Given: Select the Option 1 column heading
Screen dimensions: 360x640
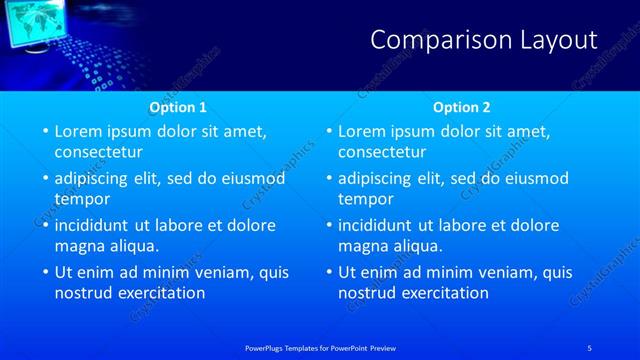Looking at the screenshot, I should tap(178, 107).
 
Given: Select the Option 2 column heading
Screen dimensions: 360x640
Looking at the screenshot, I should tap(462, 107).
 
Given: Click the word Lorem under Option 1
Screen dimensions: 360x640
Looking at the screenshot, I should tap(79, 131).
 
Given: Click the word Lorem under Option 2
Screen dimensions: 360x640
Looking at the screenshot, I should tap(363, 131).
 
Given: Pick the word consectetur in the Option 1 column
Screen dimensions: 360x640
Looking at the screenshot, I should tap(98, 152).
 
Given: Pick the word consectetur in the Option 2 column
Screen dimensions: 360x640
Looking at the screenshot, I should tap(382, 152).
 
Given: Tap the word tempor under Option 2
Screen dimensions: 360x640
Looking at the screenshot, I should tap(365, 199).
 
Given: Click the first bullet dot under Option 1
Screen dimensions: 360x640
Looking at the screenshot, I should tap(44, 132).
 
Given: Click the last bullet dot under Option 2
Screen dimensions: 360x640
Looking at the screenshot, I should tap(328, 273).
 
